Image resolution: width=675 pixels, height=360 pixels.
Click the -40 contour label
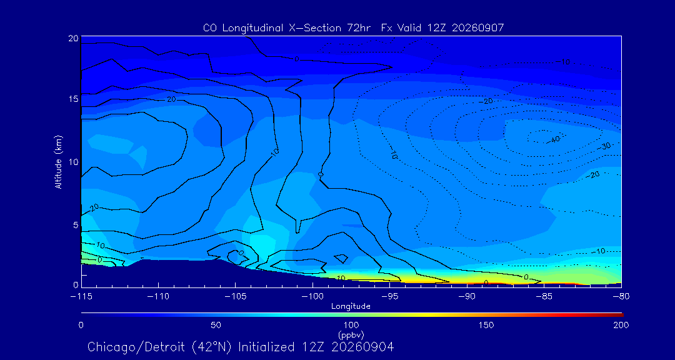555,139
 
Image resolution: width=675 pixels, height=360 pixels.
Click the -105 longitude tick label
235,297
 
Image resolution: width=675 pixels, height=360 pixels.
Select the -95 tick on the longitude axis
389,297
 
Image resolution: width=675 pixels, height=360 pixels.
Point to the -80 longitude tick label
621,297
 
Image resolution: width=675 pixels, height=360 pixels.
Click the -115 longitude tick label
81,297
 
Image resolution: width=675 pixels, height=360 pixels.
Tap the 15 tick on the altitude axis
74,99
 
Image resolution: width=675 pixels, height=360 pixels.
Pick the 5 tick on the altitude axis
76,225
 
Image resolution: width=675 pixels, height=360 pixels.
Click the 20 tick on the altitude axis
74,38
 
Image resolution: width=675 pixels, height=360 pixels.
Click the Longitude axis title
351,307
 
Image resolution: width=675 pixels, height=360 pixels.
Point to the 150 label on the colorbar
486,325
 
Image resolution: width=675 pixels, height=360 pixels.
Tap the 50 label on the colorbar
216,325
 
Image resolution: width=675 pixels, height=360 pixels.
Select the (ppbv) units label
351,335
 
